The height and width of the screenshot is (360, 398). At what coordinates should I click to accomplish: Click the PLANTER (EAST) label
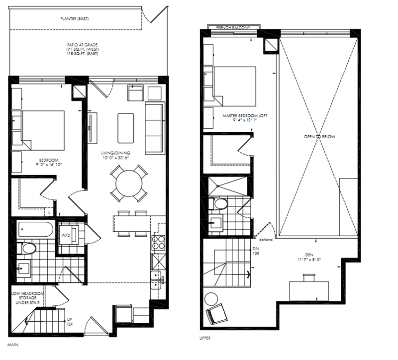tap(75, 18)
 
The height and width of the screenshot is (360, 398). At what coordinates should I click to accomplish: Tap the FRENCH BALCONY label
tap(233, 28)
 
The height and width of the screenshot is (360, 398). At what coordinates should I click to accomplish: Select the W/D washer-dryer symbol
tap(69, 235)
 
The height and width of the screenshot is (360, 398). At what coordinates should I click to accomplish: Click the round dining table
tap(129, 183)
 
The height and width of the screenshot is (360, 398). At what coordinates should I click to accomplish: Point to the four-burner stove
tap(158, 243)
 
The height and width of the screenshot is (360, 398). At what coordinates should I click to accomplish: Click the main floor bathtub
tap(35, 229)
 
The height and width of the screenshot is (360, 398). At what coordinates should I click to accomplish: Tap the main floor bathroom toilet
tap(26, 249)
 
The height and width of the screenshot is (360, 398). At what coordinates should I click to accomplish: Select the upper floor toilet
tap(218, 204)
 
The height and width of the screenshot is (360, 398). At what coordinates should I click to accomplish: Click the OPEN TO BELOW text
tap(319, 136)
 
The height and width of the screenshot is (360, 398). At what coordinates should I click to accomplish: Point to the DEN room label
tap(309, 255)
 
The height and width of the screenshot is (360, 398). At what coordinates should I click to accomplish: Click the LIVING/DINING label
tap(115, 153)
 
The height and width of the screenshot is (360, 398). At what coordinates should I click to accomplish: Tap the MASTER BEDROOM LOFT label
tap(245, 116)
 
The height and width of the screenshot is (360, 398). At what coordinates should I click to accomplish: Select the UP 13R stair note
tap(69, 322)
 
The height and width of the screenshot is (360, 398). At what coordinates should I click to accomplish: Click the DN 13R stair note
tap(256, 251)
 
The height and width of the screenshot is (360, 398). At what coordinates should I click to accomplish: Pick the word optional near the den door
tap(266, 240)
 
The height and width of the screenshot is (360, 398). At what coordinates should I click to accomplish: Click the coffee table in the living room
tap(126, 128)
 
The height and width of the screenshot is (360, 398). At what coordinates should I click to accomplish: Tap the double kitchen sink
tap(156, 280)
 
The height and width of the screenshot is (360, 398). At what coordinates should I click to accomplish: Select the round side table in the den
tap(211, 299)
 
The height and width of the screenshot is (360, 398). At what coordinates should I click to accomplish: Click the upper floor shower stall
tap(227, 186)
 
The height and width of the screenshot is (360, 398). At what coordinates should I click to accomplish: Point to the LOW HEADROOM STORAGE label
tap(28, 298)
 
